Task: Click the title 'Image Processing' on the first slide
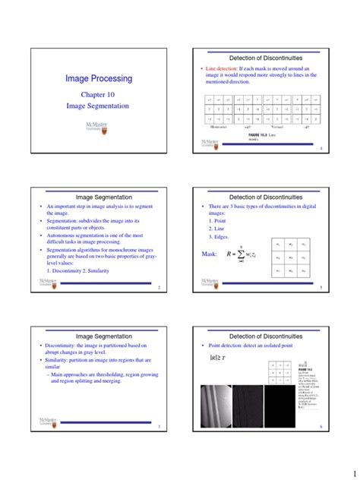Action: pos(99,78)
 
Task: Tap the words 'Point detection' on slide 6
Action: pos(229,346)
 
